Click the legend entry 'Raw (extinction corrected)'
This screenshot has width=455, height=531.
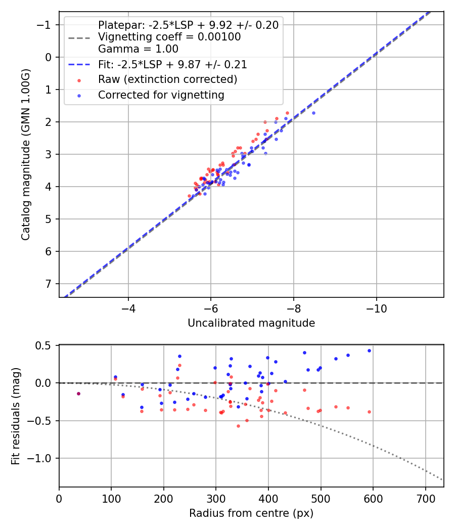[x=167, y=79]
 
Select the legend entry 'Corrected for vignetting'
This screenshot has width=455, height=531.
[x=161, y=95]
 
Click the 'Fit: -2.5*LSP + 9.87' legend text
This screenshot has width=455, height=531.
[x=172, y=65]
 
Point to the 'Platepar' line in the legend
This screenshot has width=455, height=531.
[x=188, y=25]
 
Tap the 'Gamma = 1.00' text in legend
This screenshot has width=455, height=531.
[x=138, y=49]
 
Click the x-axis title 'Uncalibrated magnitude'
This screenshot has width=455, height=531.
[x=251, y=323]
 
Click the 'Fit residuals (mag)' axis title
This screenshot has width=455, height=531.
[x=16, y=416]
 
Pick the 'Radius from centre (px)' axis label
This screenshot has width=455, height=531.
[x=251, y=513]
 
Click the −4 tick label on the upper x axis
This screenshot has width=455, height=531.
[x=128, y=308]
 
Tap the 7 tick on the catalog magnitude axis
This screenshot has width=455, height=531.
[x=49, y=284]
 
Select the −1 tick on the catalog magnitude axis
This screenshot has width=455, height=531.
[x=46, y=25]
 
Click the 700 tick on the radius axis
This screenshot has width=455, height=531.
[x=425, y=498]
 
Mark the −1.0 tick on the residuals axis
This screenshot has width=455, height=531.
[x=43, y=458]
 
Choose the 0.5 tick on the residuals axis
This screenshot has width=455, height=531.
[x=45, y=346]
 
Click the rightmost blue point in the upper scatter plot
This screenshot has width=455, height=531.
[x=313, y=113]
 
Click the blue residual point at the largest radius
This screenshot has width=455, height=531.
[x=369, y=350]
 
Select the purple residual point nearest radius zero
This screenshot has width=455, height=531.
[x=78, y=393]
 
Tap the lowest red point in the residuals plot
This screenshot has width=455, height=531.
[x=238, y=426]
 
